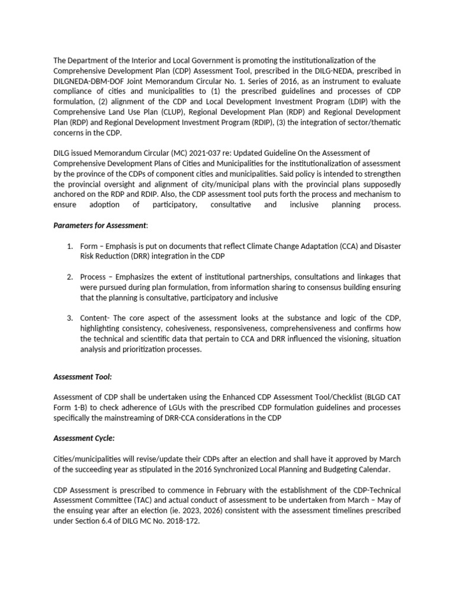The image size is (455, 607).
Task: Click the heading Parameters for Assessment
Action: point(99,225)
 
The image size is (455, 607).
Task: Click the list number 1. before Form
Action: point(70,246)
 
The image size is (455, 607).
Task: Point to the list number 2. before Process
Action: point(70,277)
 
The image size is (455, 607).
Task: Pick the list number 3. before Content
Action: point(70,318)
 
